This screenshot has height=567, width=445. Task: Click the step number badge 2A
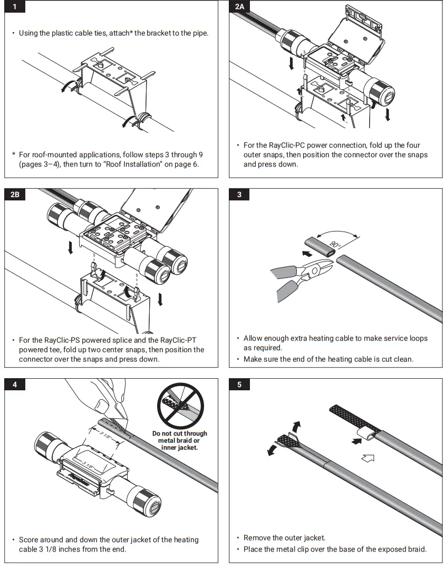pyautogui.click(x=239, y=6)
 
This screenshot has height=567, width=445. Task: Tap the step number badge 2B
pyautogui.click(x=15, y=195)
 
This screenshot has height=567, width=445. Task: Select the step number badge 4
pyautogui.click(x=15, y=385)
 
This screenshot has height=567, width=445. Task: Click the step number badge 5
pyautogui.click(x=239, y=385)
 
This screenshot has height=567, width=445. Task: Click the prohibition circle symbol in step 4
pyautogui.click(x=180, y=406)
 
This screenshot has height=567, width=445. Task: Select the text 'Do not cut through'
pyautogui.click(x=180, y=434)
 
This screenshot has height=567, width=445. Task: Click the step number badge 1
pyautogui.click(x=15, y=6)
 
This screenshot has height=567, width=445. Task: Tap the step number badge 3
pyautogui.click(x=239, y=195)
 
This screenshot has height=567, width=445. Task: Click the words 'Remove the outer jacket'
pyautogui.click(x=284, y=538)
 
